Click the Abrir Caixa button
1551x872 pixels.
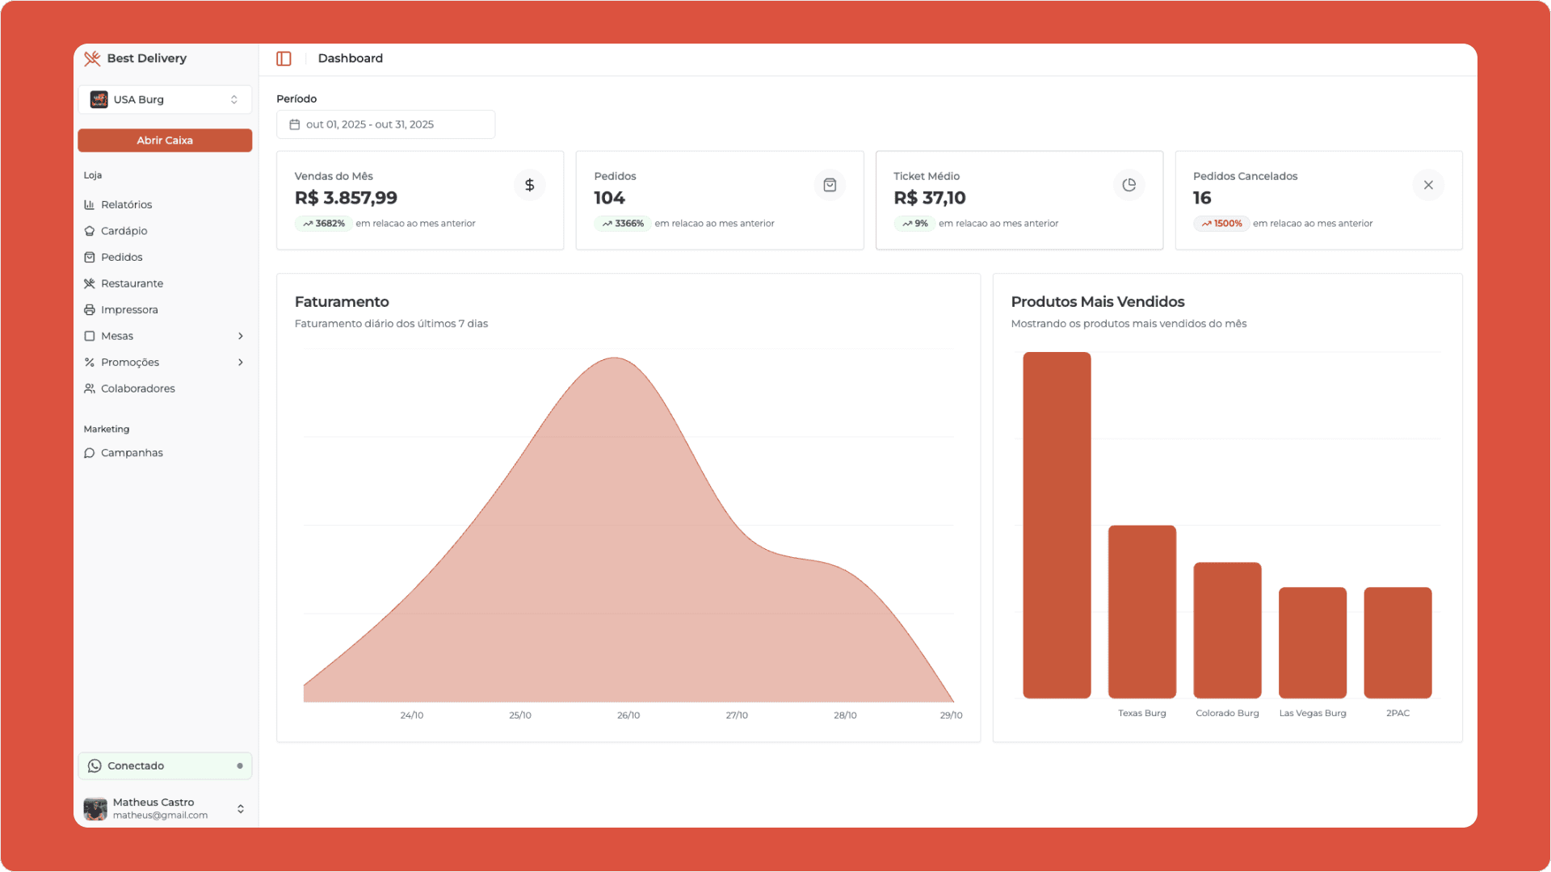pyautogui.click(x=165, y=140)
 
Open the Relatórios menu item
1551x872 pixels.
pyautogui.click(x=126, y=205)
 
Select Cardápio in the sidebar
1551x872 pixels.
pyautogui.click(x=124, y=231)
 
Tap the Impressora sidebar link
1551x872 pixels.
pyautogui.click(x=129, y=310)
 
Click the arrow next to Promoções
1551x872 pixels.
pyautogui.click(x=241, y=363)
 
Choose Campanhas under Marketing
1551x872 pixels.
pyautogui.click(x=132, y=453)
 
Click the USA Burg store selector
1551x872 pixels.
pyautogui.click(x=165, y=99)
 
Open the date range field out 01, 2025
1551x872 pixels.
pyautogui.click(x=385, y=124)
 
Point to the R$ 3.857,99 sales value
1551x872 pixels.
pyautogui.click(x=346, y=198)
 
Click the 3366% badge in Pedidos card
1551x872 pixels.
pyautogui.click(x=623, y=224)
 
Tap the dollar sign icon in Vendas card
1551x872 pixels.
pyautogui.click(x=529, y=185)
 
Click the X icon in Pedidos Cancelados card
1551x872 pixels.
pyautogui.click(x=1427, y=185)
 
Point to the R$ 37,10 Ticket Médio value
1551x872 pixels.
pyautogui.click(x=929, y=198)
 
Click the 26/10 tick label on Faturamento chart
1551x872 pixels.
pyautogui.click(x=628, y=715)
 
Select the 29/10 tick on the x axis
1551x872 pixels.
pyautogui.click(x=951, y=715)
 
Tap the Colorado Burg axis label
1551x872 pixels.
pyautogui.click(x=1226, y=713)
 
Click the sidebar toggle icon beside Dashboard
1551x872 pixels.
pyautogui.click(x=284, y=59)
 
